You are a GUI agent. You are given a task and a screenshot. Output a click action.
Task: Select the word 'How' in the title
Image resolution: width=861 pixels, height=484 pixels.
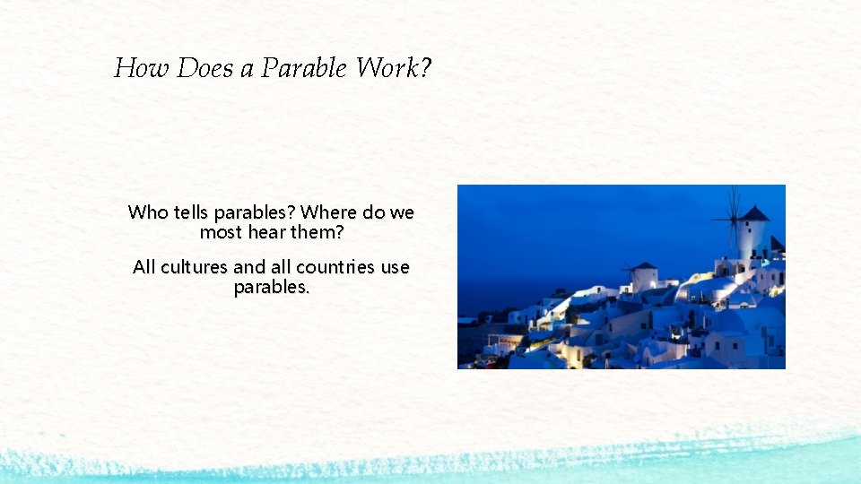click(142, 68)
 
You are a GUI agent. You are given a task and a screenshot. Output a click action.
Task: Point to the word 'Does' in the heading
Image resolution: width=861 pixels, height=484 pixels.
click(205, 68)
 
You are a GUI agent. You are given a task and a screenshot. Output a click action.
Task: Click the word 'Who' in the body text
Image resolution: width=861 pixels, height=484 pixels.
click(148, 212)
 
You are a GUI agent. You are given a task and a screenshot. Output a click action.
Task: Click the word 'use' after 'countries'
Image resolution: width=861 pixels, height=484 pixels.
click(396, 267)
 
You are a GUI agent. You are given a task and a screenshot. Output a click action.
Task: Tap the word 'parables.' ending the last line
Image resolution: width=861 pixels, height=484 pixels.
click(272, 288)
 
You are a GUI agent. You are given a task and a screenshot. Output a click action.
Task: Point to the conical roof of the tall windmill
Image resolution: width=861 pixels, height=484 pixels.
click(753, 213)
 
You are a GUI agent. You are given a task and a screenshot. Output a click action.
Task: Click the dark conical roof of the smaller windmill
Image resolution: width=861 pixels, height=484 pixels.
click(645, 265)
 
